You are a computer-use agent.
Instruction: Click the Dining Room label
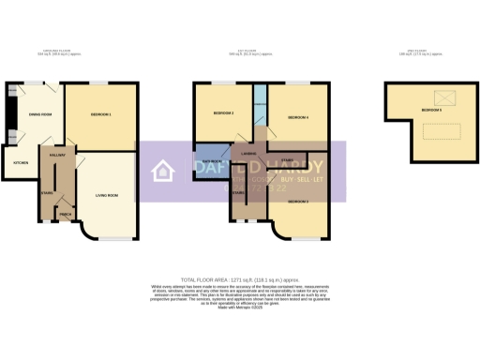pos(39,114)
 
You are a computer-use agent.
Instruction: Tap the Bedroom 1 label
pos(101,114)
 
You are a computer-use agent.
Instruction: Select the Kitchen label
pos(21,162)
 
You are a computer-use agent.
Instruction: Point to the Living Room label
pos(106,195)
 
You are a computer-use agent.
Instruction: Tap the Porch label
pos(66,215)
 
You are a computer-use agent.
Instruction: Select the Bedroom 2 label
pos(223,112)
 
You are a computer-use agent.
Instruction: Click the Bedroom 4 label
pos(297,117)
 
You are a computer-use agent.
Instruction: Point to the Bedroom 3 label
pos(298,202)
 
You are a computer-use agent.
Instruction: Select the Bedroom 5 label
pos(431,111)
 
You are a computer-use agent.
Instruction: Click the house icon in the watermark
pos(163,171)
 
